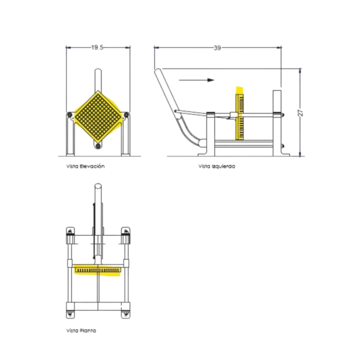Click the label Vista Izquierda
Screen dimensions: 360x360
coord(217,166)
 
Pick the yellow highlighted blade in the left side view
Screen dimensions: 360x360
coord(240,114)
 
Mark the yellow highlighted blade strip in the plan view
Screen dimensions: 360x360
coord(98,271)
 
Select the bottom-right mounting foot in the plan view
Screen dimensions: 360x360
coord(125,311)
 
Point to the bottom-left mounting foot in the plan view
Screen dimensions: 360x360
coord(70,311)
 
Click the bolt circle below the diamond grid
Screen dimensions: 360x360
coord(97,145)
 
